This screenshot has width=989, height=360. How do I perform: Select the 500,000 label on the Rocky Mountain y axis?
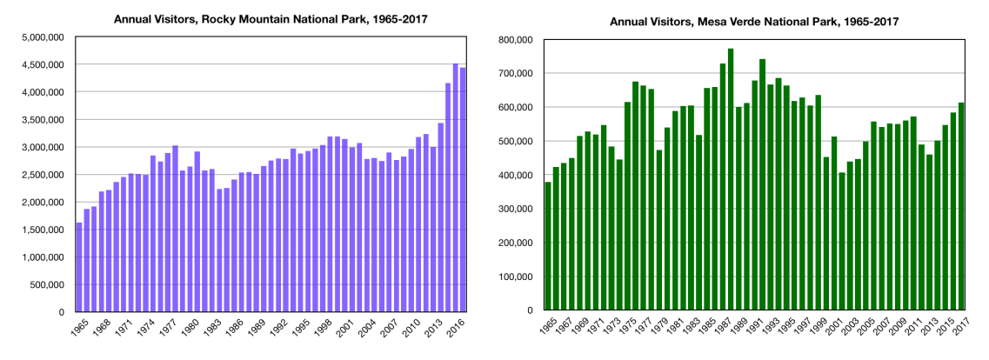pos(49,284)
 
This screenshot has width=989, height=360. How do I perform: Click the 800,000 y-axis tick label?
pos(517,40)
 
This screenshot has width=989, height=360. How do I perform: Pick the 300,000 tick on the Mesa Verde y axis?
pos(517,209)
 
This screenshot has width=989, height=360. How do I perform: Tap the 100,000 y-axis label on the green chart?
pos(517,277)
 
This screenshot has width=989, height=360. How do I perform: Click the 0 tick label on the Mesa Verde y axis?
pos(531,310)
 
